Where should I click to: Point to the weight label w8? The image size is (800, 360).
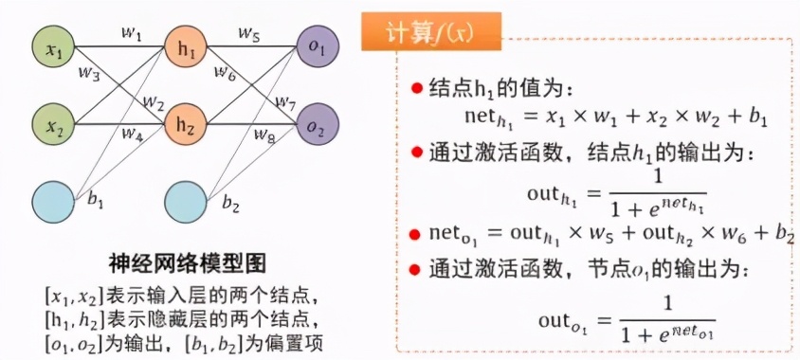point(263,137)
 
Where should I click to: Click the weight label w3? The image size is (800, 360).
point(88,72)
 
